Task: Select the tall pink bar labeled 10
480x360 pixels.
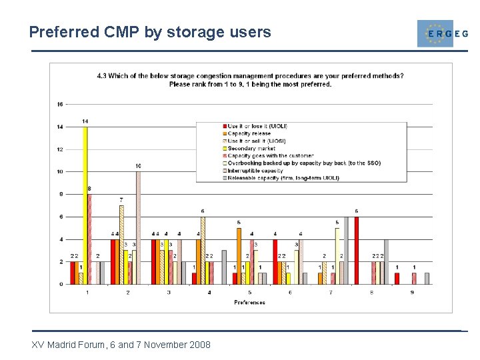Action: [138, 227]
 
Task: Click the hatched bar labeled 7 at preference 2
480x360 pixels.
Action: [121, 244]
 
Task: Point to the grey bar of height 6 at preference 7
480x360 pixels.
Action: [345, 250]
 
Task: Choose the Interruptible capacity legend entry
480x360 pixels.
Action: [254, 171]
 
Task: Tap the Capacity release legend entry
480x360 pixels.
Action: [249, 133]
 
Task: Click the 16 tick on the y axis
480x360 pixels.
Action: [60, 104]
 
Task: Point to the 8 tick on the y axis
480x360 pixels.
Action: [61, 194]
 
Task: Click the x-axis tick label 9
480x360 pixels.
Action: [412, 292]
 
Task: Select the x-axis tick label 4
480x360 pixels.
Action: [209, 292]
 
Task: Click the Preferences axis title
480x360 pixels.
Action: [249, 302]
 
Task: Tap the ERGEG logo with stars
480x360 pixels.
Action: [435, 33]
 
